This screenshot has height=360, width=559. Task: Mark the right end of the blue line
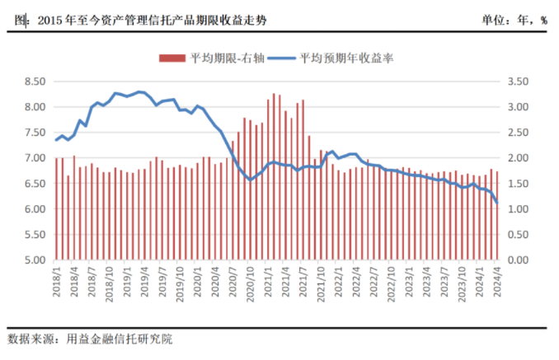click(x=497, y=203)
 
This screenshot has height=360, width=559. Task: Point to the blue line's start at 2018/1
click(x=56, y=140)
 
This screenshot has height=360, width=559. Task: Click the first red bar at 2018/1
click(x=56, y=208)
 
